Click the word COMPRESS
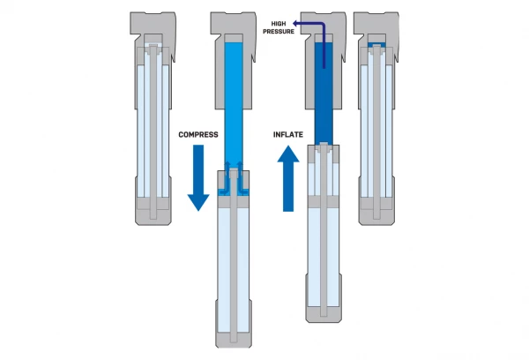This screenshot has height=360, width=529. click(x=198, y=134)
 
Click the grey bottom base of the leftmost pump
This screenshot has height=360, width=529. click(x=154, y=211)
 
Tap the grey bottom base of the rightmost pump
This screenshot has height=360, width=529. click(x=376, y=211)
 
